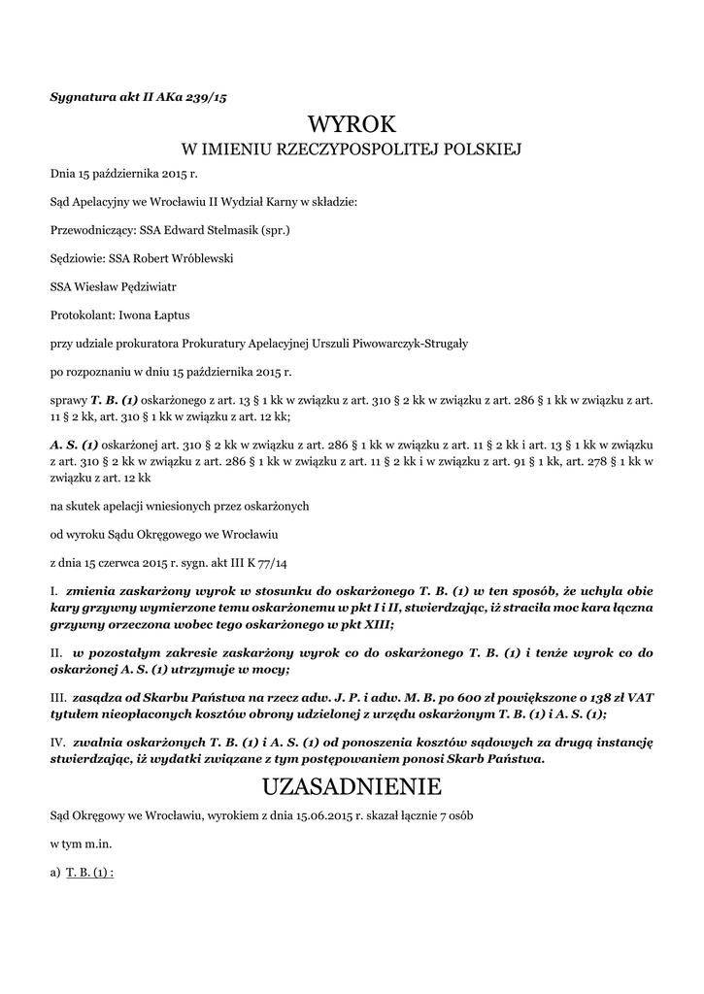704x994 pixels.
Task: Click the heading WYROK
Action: click(x=352, y=124)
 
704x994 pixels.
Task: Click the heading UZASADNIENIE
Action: click(x=352, y=784)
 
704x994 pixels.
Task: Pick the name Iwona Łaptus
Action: click(x=162, y=315)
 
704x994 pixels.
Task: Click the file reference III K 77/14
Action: click(x=243, y=562)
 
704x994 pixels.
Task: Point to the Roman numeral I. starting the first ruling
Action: click(x=53, y=590)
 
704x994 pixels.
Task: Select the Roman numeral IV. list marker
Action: click(x=57, y=742)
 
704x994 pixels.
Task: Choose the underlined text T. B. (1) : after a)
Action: click(x=90, y=872)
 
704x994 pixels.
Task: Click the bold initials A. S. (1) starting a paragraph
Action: click(x=74, y=445)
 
